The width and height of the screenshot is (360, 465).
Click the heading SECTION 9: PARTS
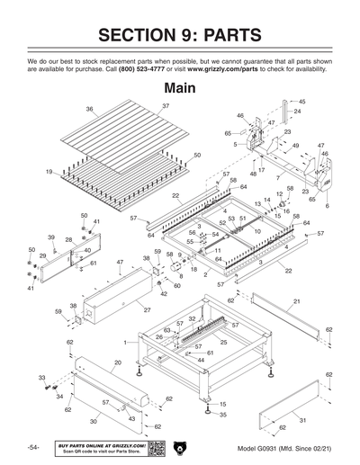[x=180, y=35]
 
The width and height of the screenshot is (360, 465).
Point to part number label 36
[x=90, y=109]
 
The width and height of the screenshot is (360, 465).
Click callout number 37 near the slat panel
[x=166, y=106]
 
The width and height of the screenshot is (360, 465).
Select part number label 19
[x=48, y=171]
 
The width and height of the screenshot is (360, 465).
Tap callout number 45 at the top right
[x=301, y=102]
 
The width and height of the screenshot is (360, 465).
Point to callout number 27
[x=146, y=310]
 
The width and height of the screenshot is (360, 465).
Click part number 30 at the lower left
[x=93, y=421]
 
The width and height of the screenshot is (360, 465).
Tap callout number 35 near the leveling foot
[x=223, y=415]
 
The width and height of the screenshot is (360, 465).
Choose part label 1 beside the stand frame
[x=125, y=344]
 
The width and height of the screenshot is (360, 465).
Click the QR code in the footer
[x=156, y=448]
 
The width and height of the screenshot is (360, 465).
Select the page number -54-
[x=32, y=448]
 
